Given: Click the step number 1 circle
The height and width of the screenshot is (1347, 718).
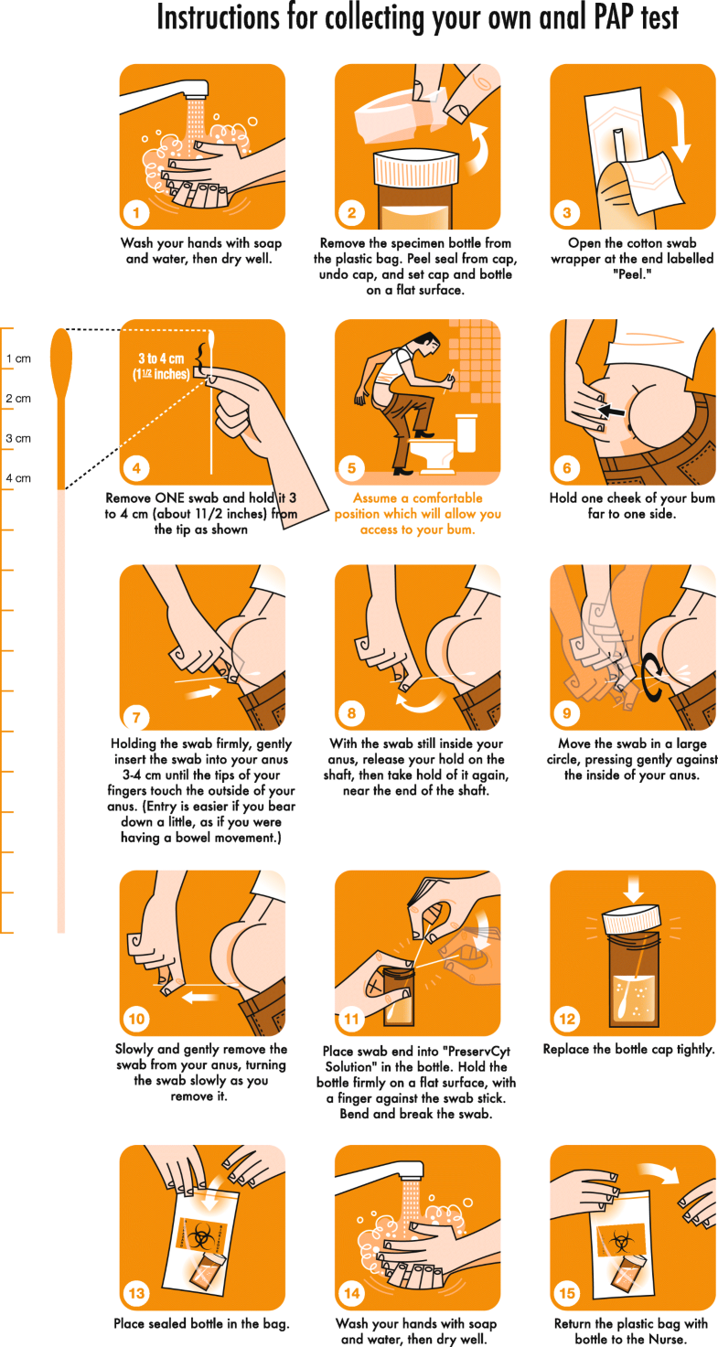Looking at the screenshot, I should tap(135, 214).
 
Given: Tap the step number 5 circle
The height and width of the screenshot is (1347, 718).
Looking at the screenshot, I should tap(351, 468).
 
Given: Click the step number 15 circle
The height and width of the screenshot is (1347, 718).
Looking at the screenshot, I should tap(566, 1294).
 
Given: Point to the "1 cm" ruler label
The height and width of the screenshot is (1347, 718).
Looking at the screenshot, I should tap(18, 358).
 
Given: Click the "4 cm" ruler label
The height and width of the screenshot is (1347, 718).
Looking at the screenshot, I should tap(18, 478).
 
